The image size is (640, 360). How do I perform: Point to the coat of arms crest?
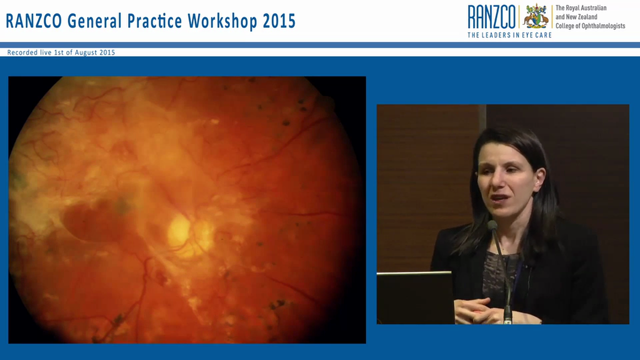tap(535, 16)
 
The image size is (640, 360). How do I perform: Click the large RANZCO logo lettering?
tap(491, 17)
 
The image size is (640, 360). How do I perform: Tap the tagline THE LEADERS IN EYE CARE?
tap(509, 35)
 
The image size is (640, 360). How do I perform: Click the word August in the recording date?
tap(86, 52)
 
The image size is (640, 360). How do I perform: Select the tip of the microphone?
tap(492, 225)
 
